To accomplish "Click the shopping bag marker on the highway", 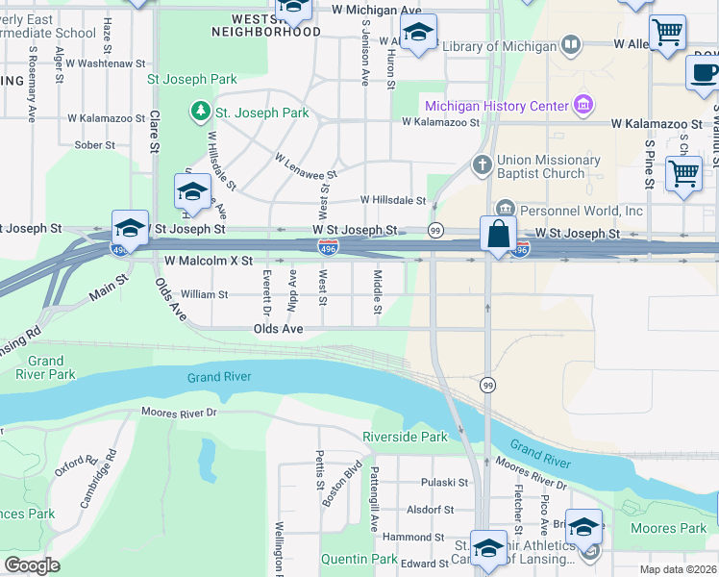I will [x=499, y=236].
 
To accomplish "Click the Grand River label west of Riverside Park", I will [x=219, y=377].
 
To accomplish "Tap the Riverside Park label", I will [x=405, y=437].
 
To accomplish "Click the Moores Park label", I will [x=668, y=528].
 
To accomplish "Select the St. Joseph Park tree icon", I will [x=200, y=113].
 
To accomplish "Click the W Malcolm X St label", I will [x=209, y=261].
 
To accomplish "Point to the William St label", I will [x=204, y=294].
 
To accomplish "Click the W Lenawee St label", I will [x=306, y=167].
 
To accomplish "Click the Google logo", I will [x=32, y=565].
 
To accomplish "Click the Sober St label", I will [x=94, y=145].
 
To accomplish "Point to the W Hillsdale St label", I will [x=392, y=200].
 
